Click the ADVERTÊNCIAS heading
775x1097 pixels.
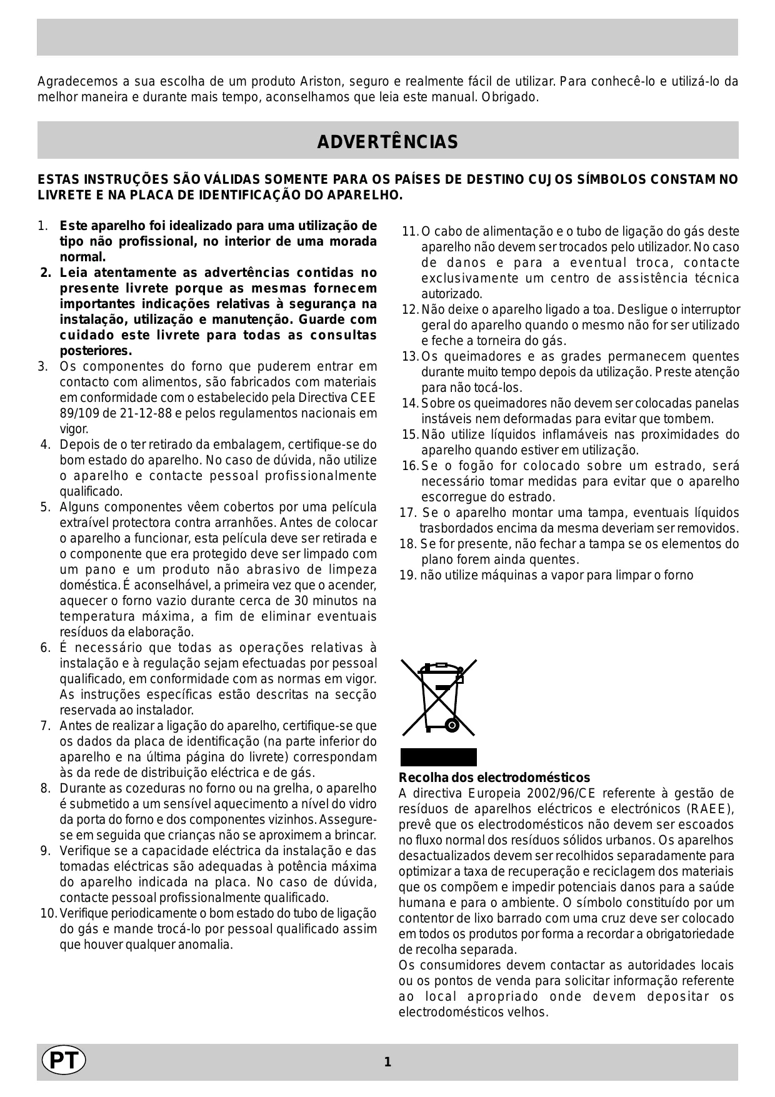[387, 142]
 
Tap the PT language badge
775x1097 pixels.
[63, 1061]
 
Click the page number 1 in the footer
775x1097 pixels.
[387, 1062]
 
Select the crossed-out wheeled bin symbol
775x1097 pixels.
[438, 697]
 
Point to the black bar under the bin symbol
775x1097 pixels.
[438, 757]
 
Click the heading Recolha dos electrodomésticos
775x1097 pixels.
[494, 778]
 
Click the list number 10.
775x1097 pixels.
[48, 914]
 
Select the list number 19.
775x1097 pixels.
[407, 575]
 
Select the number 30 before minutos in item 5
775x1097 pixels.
[301, 601]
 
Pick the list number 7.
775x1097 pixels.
[45, 726]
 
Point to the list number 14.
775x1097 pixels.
[410, 404]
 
